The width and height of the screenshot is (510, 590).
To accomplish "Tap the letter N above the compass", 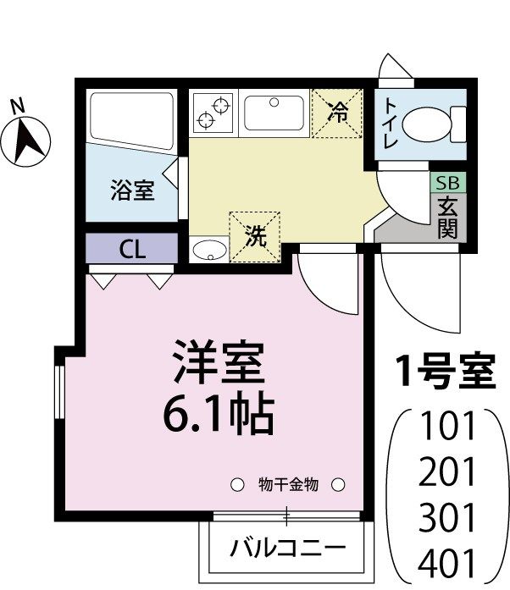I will point(16,106).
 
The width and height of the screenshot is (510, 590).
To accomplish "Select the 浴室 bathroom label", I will point(131,190).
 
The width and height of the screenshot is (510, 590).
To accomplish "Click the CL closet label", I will point(131,249).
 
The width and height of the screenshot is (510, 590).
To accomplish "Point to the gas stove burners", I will point(213,113).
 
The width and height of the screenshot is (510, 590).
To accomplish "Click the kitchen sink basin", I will point(274,113).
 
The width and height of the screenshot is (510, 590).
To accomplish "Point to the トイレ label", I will point(391,124).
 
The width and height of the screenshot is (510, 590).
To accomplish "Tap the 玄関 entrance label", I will point(446,217).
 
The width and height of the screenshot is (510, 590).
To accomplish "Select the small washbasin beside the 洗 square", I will point(208,250).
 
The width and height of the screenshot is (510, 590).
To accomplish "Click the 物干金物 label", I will point(287,485).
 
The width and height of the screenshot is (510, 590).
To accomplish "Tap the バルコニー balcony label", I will point(288,548).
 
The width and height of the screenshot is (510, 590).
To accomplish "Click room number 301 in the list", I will point(448,516).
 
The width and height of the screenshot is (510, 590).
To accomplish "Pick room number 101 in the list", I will point(448,425).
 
